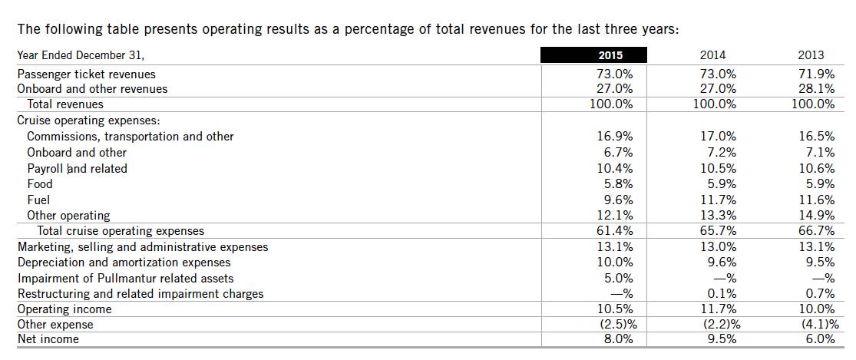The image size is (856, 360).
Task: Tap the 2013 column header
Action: [x=811, y=55]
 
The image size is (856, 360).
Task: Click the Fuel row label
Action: [x=38, y=200]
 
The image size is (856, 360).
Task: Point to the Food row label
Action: [x=40, y=184]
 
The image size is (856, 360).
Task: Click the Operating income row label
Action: [x=64, y=309]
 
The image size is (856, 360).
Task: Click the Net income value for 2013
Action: [x=819, y=339]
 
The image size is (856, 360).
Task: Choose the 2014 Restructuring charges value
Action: [x=721, y=294]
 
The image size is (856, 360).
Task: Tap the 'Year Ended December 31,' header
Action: [x=81, y=55]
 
